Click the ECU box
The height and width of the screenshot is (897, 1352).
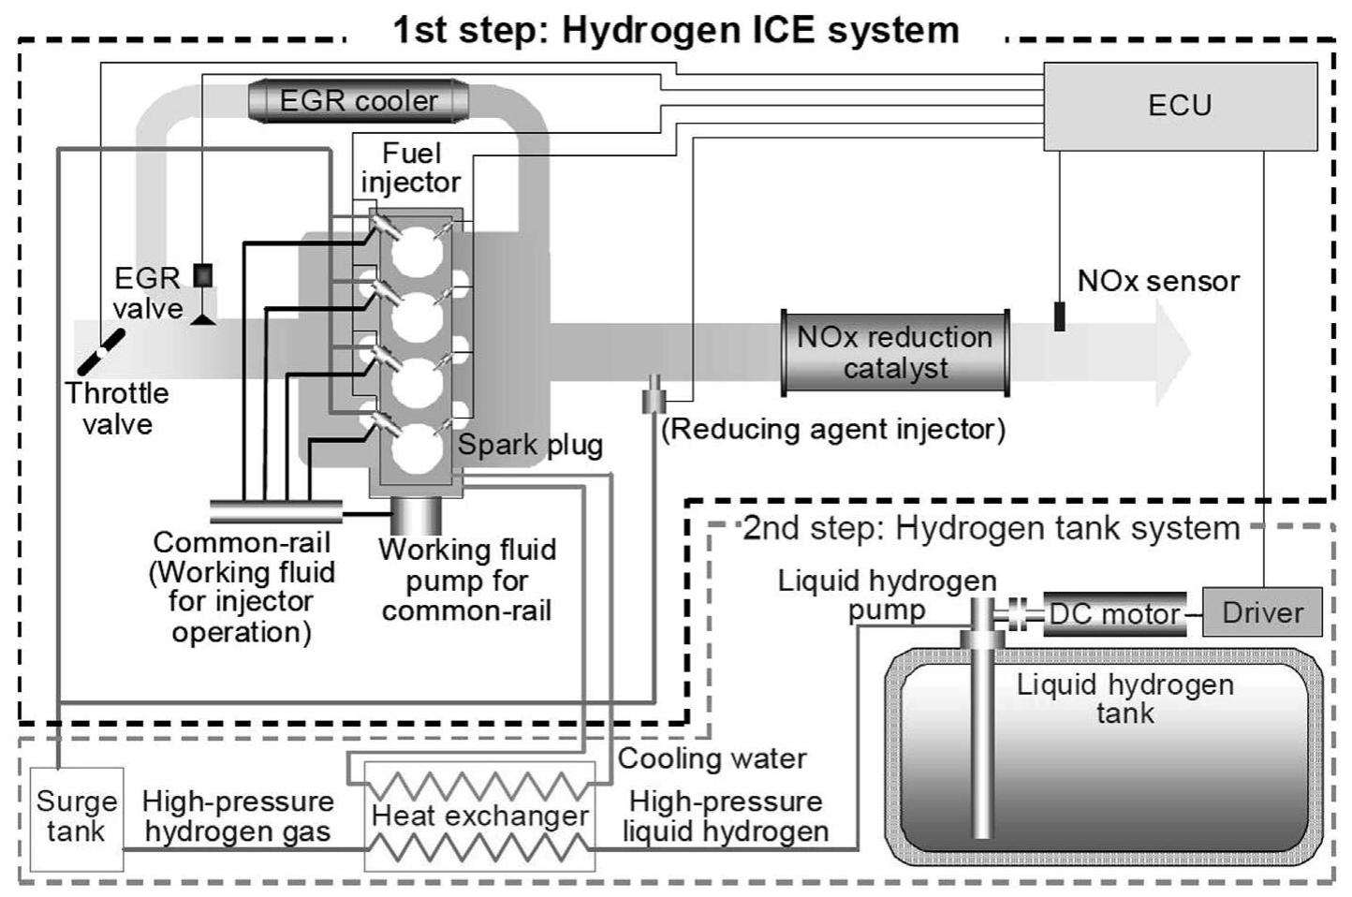(x=1179, y=106)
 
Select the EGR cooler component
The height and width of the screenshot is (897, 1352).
(x=359, y=100)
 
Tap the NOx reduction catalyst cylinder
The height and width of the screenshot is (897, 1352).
(x=895, y=353)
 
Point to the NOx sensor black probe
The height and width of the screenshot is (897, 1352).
(x=1059, y=316)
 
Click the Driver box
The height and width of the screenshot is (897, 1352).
(x=1262, y=612)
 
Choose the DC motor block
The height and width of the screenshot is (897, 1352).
(x=1114, y=614)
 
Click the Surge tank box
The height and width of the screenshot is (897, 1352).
(x=76, y=817)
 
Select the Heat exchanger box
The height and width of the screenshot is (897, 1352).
(x=479, y=816)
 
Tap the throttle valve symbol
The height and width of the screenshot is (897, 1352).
(x=100, y=351)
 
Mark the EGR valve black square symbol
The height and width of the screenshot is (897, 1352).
(x=202, y=275)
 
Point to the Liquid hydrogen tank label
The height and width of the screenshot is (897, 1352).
(x=1124, y=698)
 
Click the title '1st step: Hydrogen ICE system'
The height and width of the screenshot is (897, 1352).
(x=676, y=30)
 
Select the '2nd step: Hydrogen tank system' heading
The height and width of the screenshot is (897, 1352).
(x=991, y=528)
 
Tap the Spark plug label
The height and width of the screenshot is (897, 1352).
(x=530, y=445)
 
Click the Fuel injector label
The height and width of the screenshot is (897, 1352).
(x=411, y=168)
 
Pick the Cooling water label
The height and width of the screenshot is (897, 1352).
(x=712, y=757)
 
